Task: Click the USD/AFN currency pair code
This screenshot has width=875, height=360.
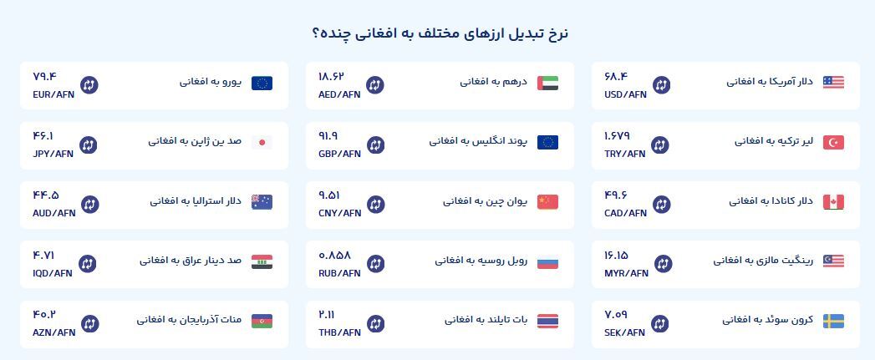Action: (x=625, y=94)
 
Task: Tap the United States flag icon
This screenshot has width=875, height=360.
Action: (x=833, y=83)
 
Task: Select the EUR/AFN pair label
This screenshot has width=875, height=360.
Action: (x=53, y=94)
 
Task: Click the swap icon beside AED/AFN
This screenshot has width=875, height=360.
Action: (x=375, y=85)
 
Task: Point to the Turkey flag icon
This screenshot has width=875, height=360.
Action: (x=833, y=142)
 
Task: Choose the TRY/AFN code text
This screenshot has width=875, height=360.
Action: (x=624, y=154)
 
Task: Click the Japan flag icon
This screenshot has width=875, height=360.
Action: (x=262, y=142)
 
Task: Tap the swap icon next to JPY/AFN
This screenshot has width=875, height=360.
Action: (x=89, y=145)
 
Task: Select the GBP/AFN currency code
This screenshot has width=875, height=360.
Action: (x=340, y=154)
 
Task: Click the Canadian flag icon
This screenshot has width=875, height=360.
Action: (x=833, y=202)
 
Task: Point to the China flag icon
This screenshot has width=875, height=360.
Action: (x=547, y=202)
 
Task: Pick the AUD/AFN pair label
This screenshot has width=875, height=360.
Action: (x=54, y=213)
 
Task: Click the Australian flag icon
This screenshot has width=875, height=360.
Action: (x=262, y=202)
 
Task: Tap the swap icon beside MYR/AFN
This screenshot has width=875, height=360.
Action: (x=663, y=263)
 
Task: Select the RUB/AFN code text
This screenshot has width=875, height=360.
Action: (x=339, y=273)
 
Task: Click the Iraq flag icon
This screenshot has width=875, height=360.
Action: (x=262, y=261)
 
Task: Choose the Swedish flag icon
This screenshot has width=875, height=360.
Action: (x=833, y=322)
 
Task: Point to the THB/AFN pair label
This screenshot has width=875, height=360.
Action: (x=340, y=332)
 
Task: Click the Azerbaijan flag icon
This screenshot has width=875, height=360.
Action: (x=262, y=322)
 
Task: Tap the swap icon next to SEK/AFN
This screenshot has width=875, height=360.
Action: (x=659, y=324)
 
